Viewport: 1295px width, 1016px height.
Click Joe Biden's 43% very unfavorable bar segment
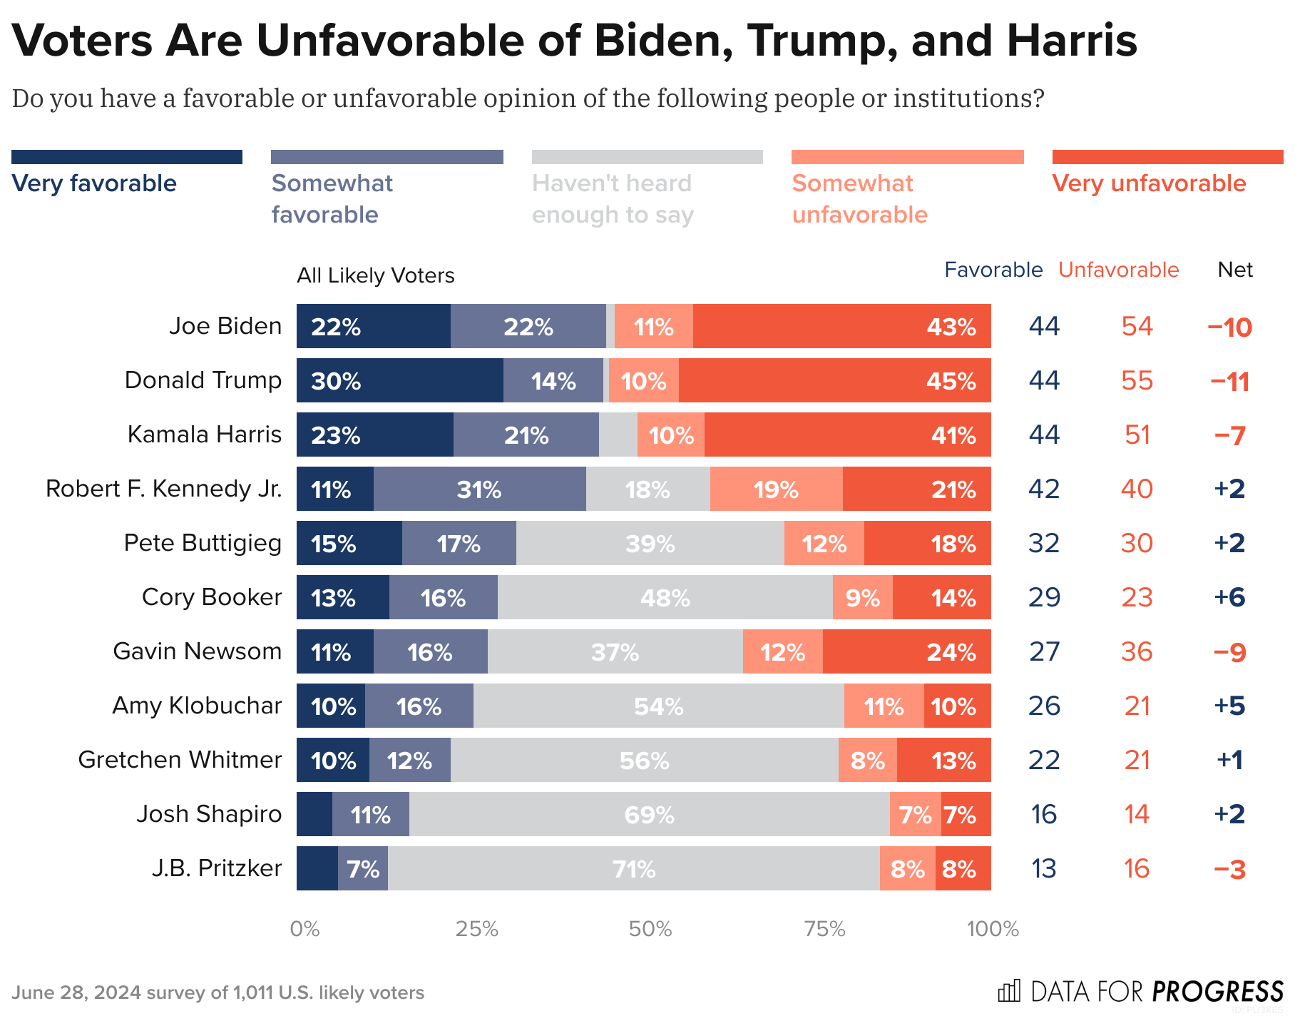pyautogui.click(x=841, y=326)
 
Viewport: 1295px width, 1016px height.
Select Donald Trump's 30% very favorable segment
pyautogui.click(x=399, y=380)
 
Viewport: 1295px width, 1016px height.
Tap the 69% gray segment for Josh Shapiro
pyautogui.click(x=649, y=814)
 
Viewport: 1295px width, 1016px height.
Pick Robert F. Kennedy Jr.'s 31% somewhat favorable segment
pyautogui.click(x=479, y=489)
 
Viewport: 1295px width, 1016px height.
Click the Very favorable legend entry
pyautogui.click(x=94, y=183)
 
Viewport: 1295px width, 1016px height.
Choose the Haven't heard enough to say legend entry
pyautogui.click(x=612, y=198)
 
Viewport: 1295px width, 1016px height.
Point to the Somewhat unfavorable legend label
pyautogui.click(x=859, y=198)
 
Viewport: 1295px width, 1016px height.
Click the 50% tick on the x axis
pyautogui.click(x=650, y=928)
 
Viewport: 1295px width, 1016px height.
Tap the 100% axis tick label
pyautogui.click(x=992, y=928)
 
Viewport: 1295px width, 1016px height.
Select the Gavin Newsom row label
pyautogui.click(x=197, y=651)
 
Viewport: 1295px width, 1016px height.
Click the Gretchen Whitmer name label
pyautogui.click(x=180, y=760)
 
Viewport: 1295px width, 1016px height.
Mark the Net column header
pyautogui.click(x=1235, y=270)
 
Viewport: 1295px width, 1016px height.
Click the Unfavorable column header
pyautogui.click(x=1118, y=270)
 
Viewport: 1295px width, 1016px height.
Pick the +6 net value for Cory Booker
pyautogui.click(x=1229, y=597)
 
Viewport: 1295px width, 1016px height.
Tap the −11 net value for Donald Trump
pyautogui.click(x=1229, y=381)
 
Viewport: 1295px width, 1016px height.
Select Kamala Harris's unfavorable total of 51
pyautogui.click(x=1137, y=435)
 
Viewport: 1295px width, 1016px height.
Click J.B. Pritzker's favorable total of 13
pyautogui.click(x=1044, y=868)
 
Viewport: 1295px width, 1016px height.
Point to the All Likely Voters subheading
pyautogui.click(x=375, y=275)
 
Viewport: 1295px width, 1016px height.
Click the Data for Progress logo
pyautogui.click(x=1140, y=991)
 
